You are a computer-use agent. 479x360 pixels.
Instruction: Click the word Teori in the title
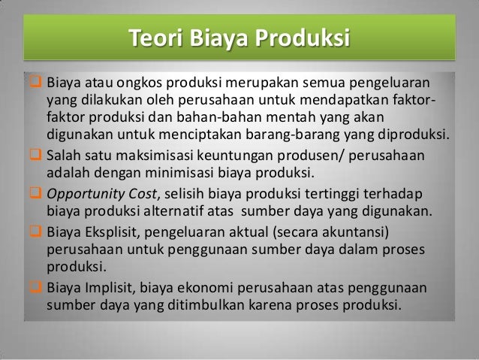pos(154,37)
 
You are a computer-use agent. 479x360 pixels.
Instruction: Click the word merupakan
pos(260,80)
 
